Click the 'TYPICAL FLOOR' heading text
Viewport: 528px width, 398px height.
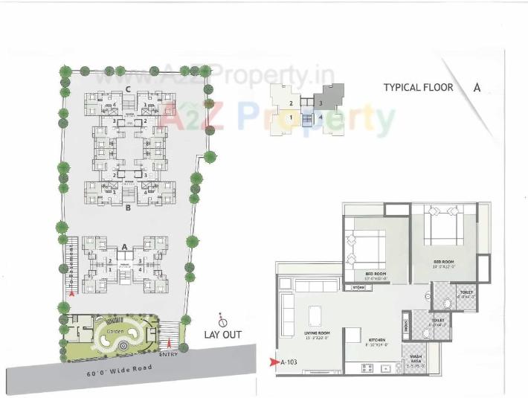coord(418,87)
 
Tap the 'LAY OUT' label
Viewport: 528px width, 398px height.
coord(222,335)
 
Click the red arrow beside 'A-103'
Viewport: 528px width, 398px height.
coord(274,363)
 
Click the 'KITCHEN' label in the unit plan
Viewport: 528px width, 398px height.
coord(377,341)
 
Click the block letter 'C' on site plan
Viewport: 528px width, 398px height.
coord(128,89)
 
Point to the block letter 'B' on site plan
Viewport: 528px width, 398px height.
coord(128,209)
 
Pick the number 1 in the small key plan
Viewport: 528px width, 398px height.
coord(290,118)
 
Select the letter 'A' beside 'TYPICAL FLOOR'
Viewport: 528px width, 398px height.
coord(477,87)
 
